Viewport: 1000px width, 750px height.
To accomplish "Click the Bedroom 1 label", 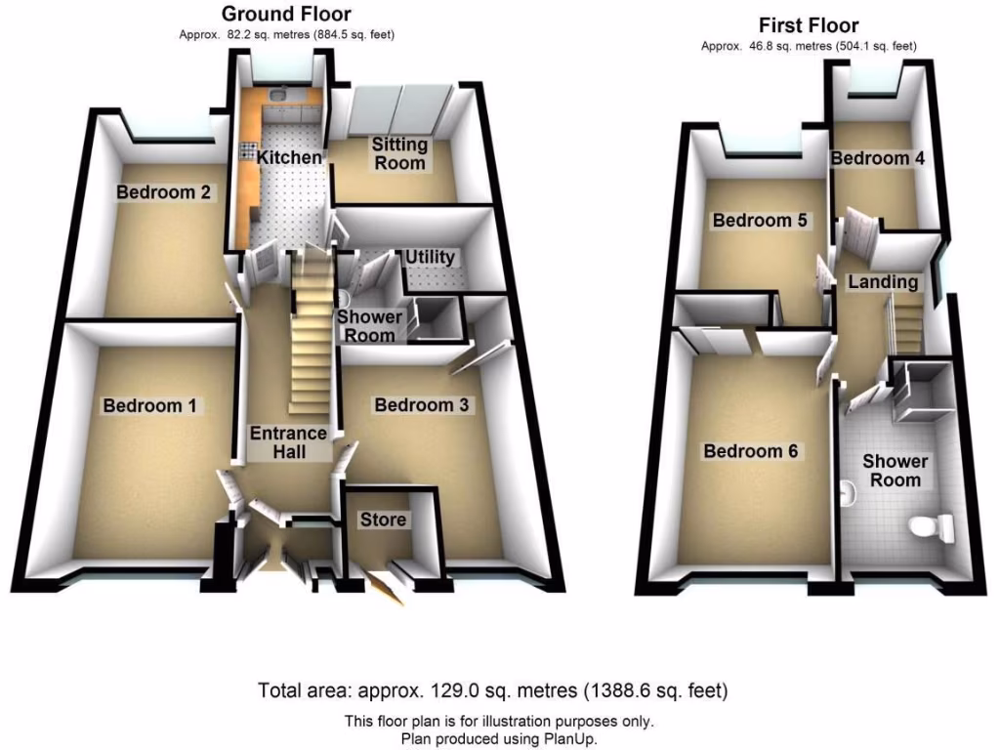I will pyautogui.click(x=150, y=405).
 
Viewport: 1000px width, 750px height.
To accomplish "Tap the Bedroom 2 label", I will pyautogui.click(x=163, y=192).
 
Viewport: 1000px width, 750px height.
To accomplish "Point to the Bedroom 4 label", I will pyautogui.click(x=877, y=158).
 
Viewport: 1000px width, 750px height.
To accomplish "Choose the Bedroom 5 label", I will pyautogui.click(x=759, y=221).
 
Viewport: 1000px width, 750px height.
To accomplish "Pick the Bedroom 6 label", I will pyautogui.click(x=751, y=451).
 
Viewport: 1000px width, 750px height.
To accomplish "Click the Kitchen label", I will pyautogui.click(x=290, y=157).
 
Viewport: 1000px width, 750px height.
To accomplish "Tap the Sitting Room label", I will pyautogui.click(x=399, y=154).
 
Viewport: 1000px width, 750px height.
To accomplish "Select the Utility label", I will pyautogui.click(x=431, y=257).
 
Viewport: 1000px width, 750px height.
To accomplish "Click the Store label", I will pyautogui.click(x=383, y=520).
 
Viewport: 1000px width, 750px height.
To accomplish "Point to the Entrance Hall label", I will pyautogui.click(x=288, y=442).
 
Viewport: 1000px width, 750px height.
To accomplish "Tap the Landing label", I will pyautogui.click(x=883, y=282).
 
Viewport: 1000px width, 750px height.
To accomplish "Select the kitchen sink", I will pyautogui.click(x=280, y=96).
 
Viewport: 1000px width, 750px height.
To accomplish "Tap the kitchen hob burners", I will pyautogui.click(x=245, y=153).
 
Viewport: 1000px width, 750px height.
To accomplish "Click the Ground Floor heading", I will pyautogui.click(x=286, y=14).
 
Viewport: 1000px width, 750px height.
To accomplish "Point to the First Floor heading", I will pyautogui.click(x=808, y=25).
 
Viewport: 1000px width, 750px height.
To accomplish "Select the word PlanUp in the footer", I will pyautogui.click(x=568, y=739).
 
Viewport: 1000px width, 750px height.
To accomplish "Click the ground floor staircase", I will pyautogui.click(x=312, y=332).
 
